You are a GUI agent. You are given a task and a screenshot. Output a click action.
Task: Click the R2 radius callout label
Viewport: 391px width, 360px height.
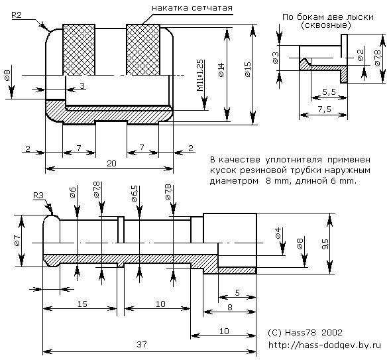(17, 15)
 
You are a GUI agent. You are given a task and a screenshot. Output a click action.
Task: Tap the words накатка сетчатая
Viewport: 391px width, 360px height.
(192, 8)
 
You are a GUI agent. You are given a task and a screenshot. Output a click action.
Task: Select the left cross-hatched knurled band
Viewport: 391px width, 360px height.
(79, 50)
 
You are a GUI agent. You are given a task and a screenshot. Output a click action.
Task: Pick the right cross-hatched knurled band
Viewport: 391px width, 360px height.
(143, 50)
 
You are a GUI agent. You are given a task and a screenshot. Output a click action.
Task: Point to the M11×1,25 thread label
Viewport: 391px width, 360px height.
(200, 76)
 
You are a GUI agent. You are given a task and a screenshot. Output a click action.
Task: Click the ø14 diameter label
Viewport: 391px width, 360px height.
(221, 70)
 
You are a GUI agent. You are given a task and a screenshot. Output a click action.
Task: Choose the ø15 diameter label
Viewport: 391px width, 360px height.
(248, 70)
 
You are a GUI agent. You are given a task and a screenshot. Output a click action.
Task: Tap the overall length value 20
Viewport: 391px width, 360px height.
(111, 163)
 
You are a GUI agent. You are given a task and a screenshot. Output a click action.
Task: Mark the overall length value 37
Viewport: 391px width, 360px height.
(142, 345)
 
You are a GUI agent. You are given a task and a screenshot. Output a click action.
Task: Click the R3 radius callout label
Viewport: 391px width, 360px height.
(38, 196)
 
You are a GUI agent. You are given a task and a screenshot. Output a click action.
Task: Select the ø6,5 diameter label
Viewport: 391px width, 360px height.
(134, 194)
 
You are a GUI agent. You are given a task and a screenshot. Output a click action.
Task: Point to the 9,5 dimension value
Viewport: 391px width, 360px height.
(325, 244)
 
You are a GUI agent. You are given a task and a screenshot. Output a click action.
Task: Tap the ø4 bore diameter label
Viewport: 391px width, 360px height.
(278, 233)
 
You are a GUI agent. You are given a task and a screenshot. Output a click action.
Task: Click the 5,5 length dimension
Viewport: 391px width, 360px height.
(329, 92)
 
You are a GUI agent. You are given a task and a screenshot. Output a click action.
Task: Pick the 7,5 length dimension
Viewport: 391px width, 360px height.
(325, 109)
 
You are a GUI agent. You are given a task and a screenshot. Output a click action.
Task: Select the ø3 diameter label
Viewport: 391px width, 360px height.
(276, 58)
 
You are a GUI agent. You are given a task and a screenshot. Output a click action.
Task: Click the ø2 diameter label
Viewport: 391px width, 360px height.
(361, 55)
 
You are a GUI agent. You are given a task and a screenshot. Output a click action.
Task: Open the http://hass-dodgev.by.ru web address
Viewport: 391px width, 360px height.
(325, 345)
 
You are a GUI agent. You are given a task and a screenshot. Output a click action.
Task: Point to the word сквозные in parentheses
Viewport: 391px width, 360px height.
(326, 25)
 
